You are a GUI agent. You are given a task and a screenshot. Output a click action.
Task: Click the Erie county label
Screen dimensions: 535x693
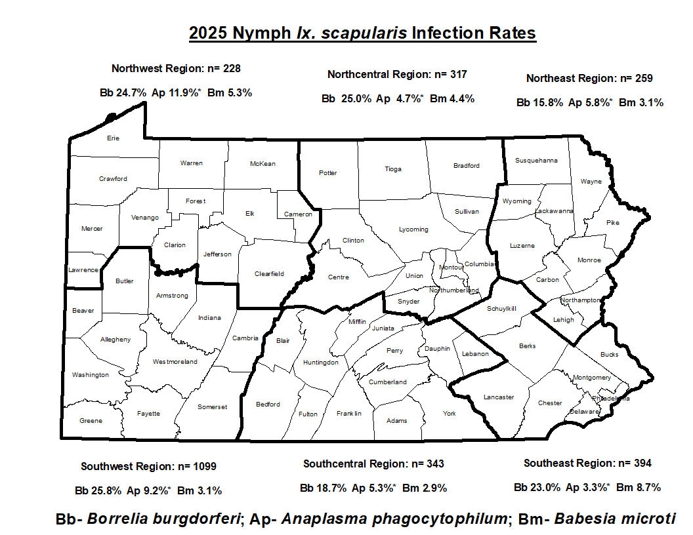click(113, 138)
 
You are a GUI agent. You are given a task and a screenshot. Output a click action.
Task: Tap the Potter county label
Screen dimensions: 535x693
click(327, 173)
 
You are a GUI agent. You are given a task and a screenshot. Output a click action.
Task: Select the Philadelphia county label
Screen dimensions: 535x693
click(611, 398)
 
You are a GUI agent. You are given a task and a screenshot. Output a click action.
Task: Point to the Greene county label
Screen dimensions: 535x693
click(91, 421)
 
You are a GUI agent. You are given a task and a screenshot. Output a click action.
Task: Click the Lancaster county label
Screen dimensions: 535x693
click(499, 397)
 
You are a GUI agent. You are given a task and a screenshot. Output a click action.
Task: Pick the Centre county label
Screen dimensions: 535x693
click(339, 277)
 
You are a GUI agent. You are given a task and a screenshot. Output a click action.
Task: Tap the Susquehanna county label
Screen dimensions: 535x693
click(536, 160)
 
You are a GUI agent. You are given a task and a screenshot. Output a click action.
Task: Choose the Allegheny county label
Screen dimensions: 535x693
click(115, 340)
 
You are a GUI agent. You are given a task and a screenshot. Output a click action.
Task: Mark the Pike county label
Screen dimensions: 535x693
click(612, 223)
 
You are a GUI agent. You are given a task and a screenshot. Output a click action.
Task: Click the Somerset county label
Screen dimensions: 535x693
click(212, 407)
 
